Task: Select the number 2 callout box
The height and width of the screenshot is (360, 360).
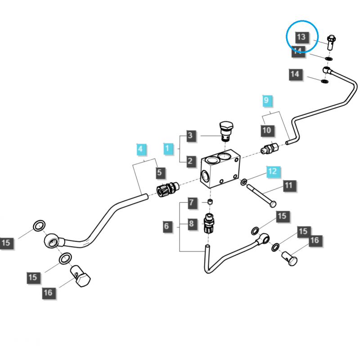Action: pyautogui.click(x=190, y=161)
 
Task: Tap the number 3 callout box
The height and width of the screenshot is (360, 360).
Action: pyautogui.click(x=190, y=135)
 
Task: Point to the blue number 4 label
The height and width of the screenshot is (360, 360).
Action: pyautogui.click(x=141, y=148)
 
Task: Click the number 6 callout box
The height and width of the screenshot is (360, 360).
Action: pyautogui.click(x=167, y=225)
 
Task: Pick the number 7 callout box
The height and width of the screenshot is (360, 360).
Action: pyautogui.click(x=191, y=203)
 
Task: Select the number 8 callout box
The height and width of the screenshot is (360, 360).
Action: pyautogui.click(x=191, y=224)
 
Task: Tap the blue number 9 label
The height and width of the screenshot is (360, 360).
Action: pyautogui.click(x=266, y=100)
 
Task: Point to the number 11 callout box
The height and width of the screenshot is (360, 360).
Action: pyautogui.click(x=288, y=185)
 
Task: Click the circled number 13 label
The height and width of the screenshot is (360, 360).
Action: pyautogui.click(x=301, y=36)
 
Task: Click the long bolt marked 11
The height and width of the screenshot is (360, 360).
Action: pyautogui.click(x=261, y=195)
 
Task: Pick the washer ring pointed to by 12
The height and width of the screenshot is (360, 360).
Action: pyautogui.click(x=244, y=182)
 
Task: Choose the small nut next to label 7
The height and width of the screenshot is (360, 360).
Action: pyautogui.click(x=210, y=201)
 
